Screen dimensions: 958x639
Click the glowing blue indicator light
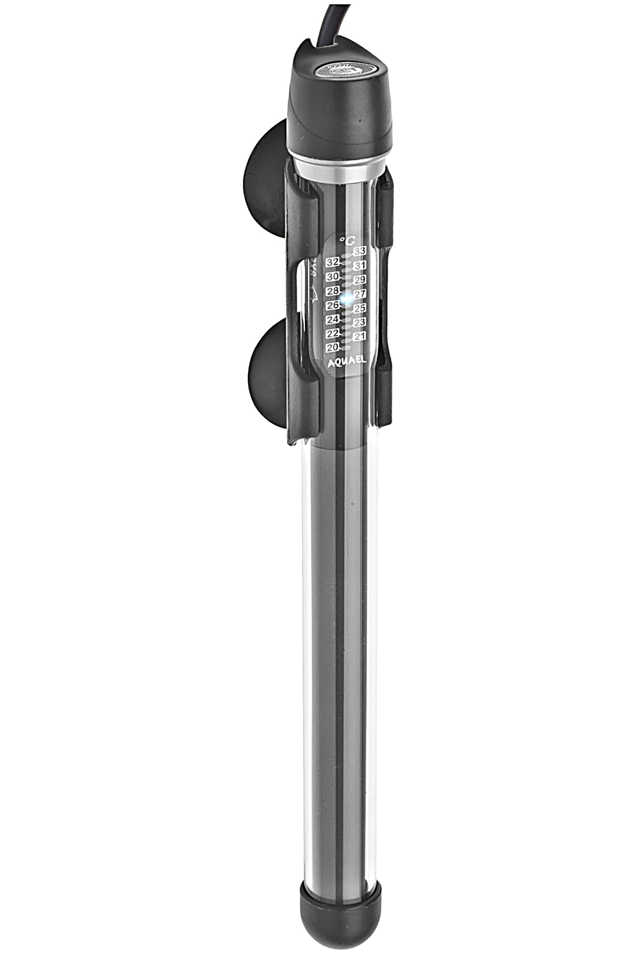point(348,298)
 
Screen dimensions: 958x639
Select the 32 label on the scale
point(333,262)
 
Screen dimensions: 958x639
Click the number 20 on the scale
point(333,347)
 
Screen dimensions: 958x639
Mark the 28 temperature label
point(333,291)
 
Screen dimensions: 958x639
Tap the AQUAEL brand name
point(346,361)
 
